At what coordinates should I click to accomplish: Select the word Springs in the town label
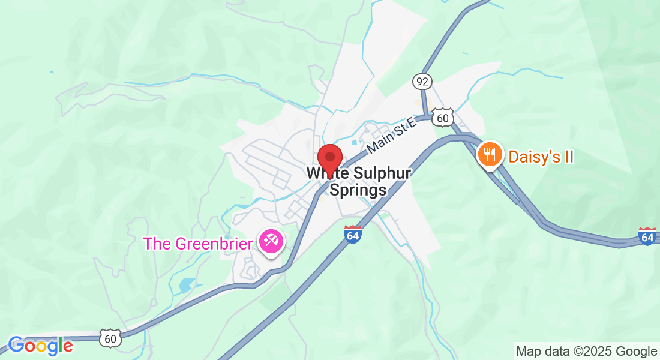pyautogui.click(x=358, y=190)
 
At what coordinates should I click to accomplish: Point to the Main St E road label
pyautogui.click(x=391, y=136)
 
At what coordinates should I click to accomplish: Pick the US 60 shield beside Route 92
pyautogui.click(x=443, y=118)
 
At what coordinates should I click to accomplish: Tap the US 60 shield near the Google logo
pyautogui.click(x=110, y=338)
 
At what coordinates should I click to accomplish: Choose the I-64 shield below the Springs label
pyautogui.click(x=353, y=234)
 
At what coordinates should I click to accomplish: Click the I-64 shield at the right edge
pyautogui.click(x=647, y=236)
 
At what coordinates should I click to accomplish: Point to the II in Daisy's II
pyautogui.click(x=568, y=157)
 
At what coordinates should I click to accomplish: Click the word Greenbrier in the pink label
pyautogui.click(x=215, y=244)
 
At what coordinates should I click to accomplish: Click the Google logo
pyautogui.click(x=40, y=346)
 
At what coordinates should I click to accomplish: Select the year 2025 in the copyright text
pyautogui.click(x=601, y=351)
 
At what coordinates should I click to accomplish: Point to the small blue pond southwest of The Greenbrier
pyautogui.click(x=187, y=285)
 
